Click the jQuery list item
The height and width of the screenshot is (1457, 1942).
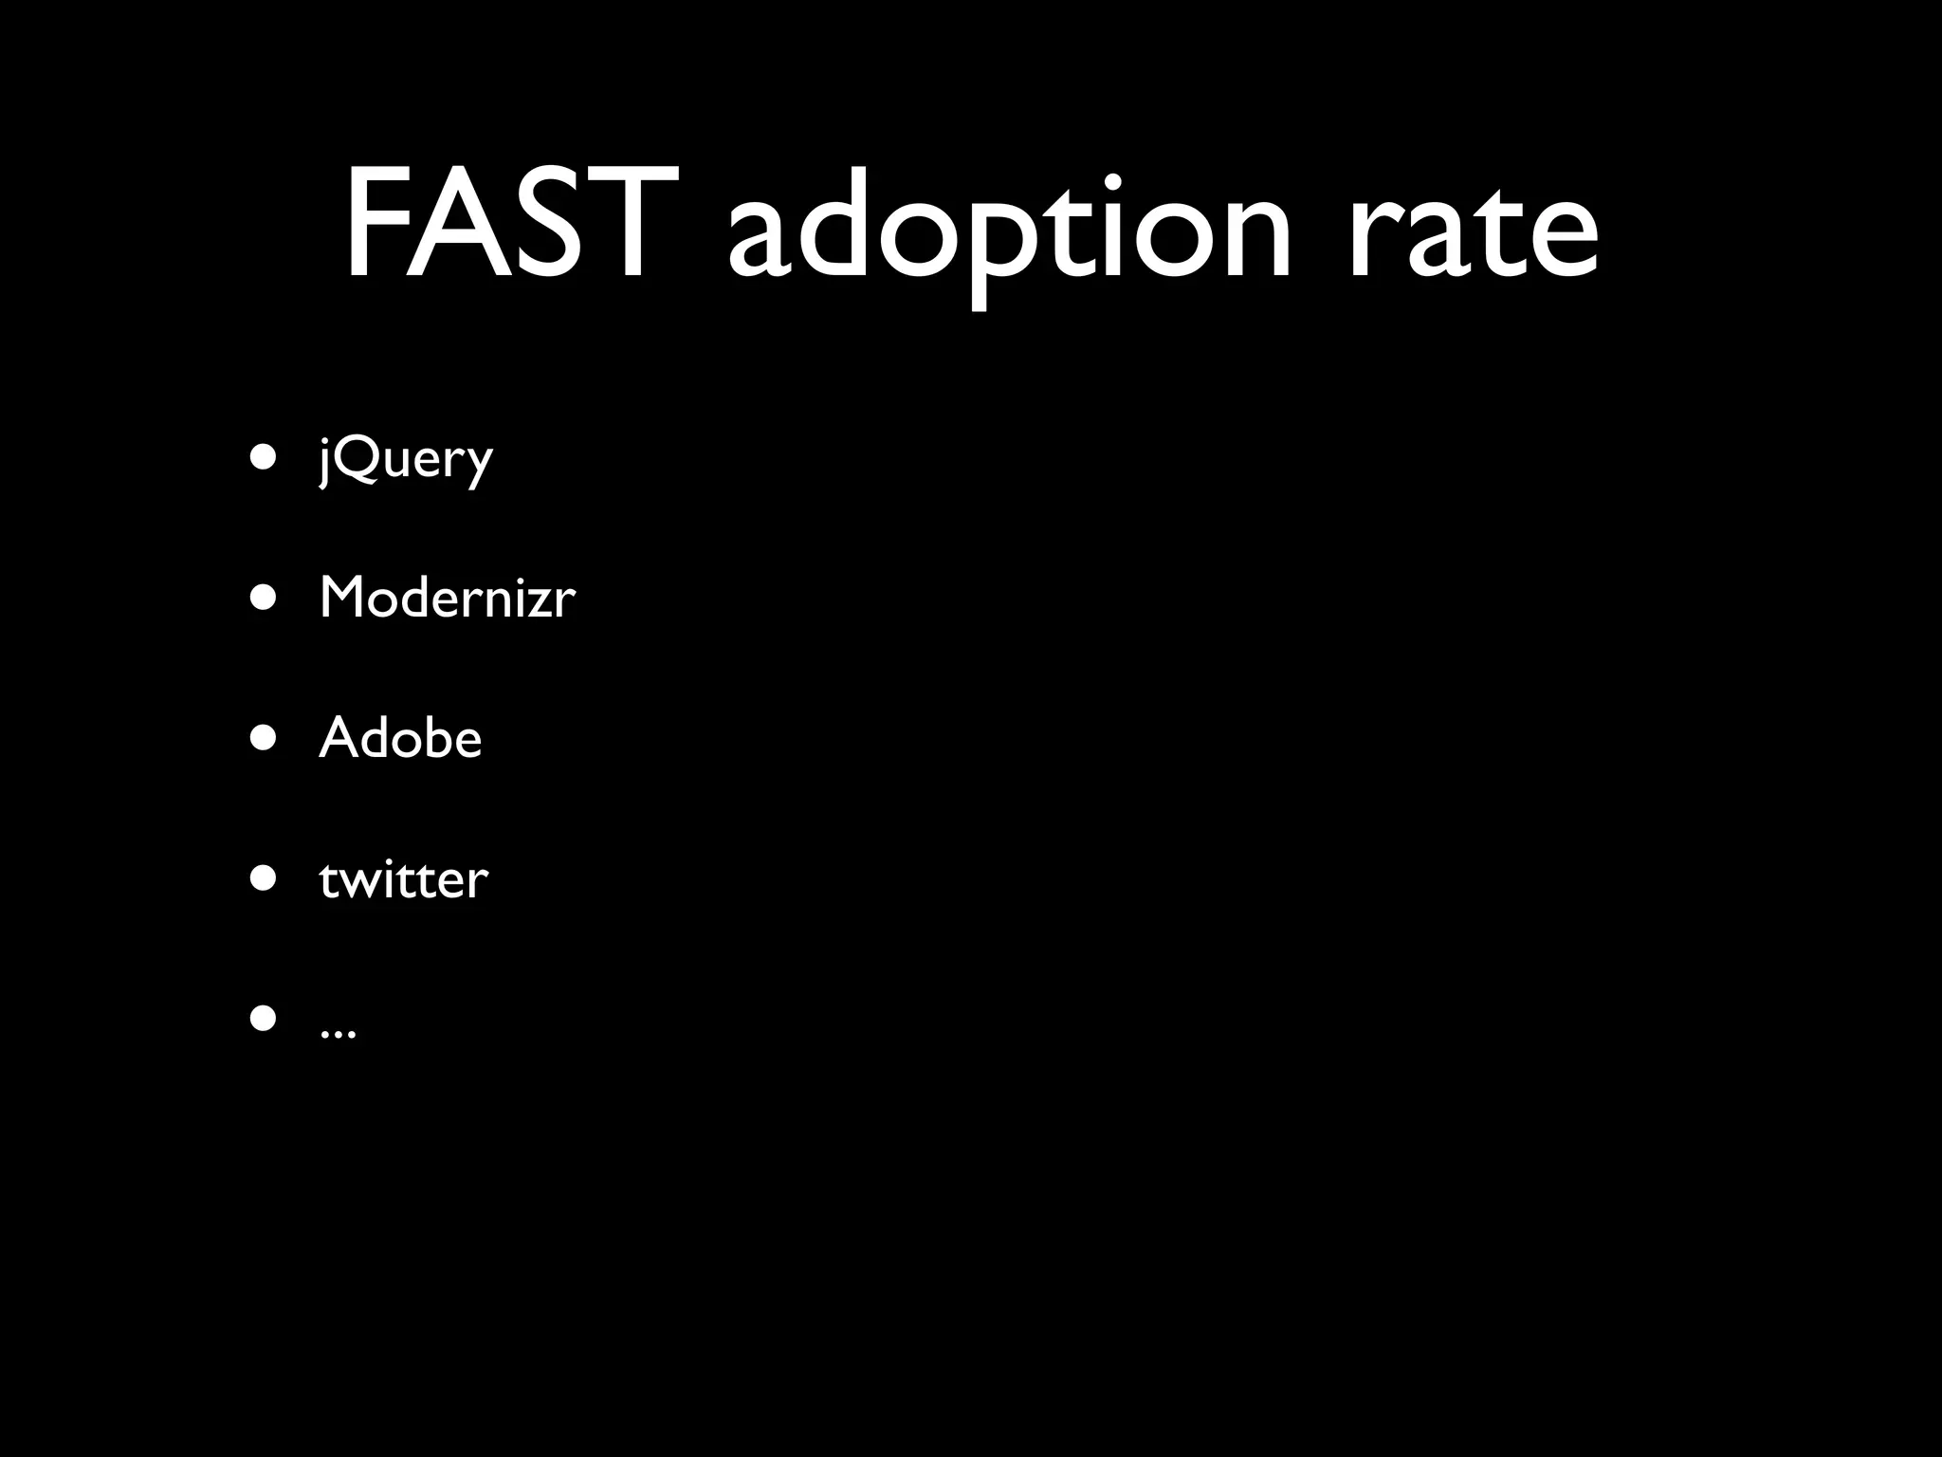(406, 460)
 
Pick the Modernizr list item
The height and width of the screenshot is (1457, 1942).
(447, 598)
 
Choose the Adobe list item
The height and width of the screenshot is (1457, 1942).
(400, 738)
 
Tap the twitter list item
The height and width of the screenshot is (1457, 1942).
(403, 879)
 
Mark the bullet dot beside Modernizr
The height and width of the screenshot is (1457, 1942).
(264, 599)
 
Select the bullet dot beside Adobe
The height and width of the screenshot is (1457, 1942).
(264, 739)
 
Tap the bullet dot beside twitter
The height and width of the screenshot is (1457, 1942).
(264, 879)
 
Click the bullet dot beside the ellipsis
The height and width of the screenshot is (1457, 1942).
(264, 1020)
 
